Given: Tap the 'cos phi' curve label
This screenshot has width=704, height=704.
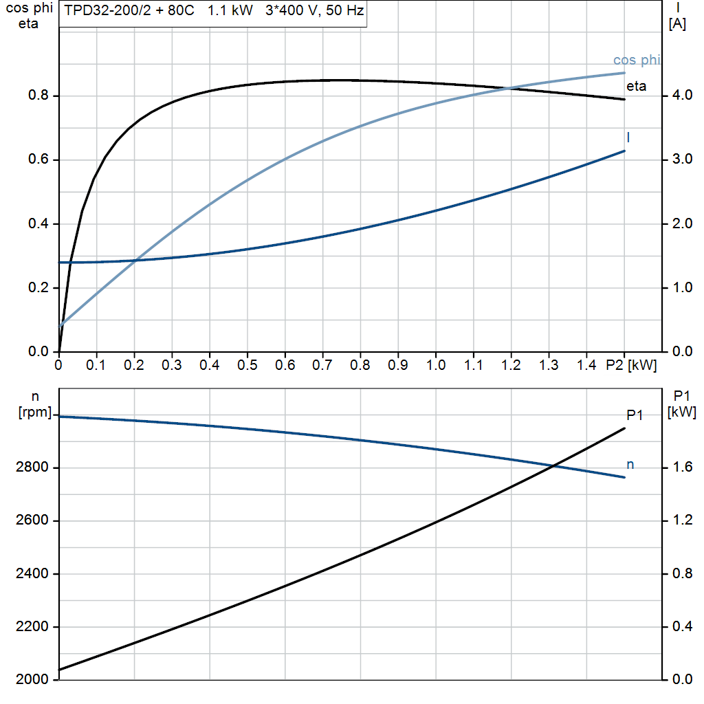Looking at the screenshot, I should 636,60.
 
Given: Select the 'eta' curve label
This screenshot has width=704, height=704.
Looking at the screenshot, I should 636,87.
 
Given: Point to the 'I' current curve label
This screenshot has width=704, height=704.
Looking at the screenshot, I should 628,137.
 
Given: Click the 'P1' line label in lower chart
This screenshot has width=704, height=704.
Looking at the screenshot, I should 635,415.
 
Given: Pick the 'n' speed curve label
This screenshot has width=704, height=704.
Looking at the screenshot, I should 630,465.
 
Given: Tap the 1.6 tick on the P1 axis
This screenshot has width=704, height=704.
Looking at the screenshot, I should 681,468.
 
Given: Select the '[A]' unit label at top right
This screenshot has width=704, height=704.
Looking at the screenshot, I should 677,24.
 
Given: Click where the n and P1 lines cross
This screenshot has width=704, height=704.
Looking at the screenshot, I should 553,467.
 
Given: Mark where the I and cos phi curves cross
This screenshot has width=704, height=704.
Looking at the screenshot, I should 138,261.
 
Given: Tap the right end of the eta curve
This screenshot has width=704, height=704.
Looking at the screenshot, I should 624,100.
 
